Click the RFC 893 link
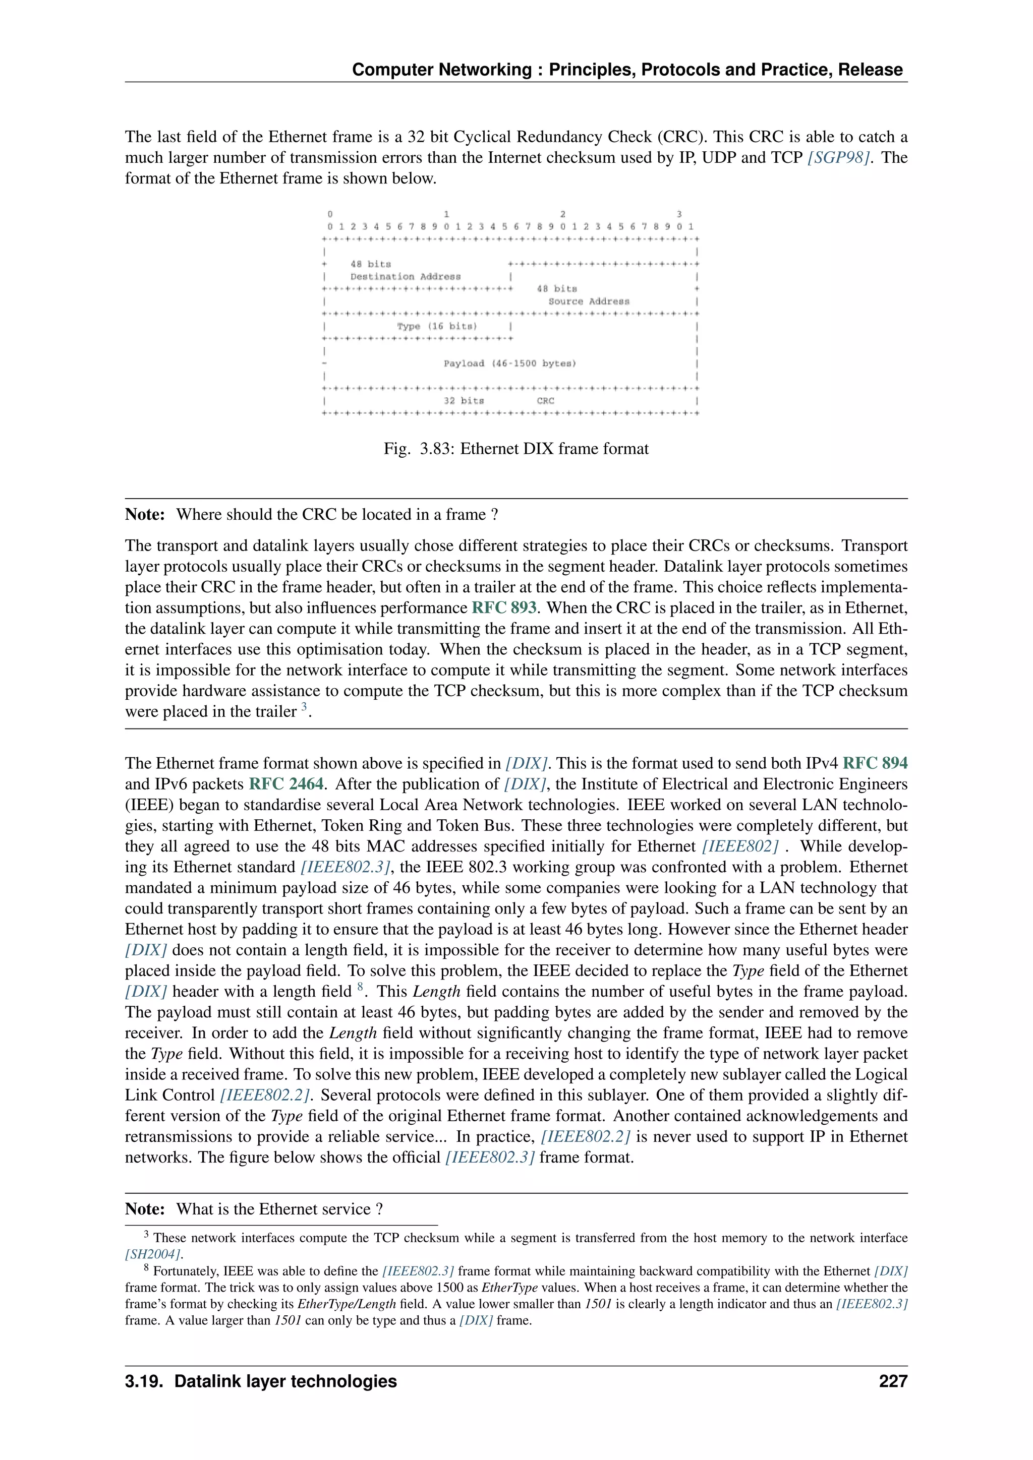[x=504, y=607]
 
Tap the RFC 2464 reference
[x=285, y=784]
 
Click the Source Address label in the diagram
[x=589, y=301]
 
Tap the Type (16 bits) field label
[x=436, y=326]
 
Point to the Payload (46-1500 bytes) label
[x=509, y=363]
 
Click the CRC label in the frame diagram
[x=545, y=401]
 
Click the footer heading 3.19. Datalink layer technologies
[x=261, y=1381]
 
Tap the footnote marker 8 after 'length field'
[x=360, y=987]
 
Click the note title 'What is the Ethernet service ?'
[x=279, y=1209]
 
